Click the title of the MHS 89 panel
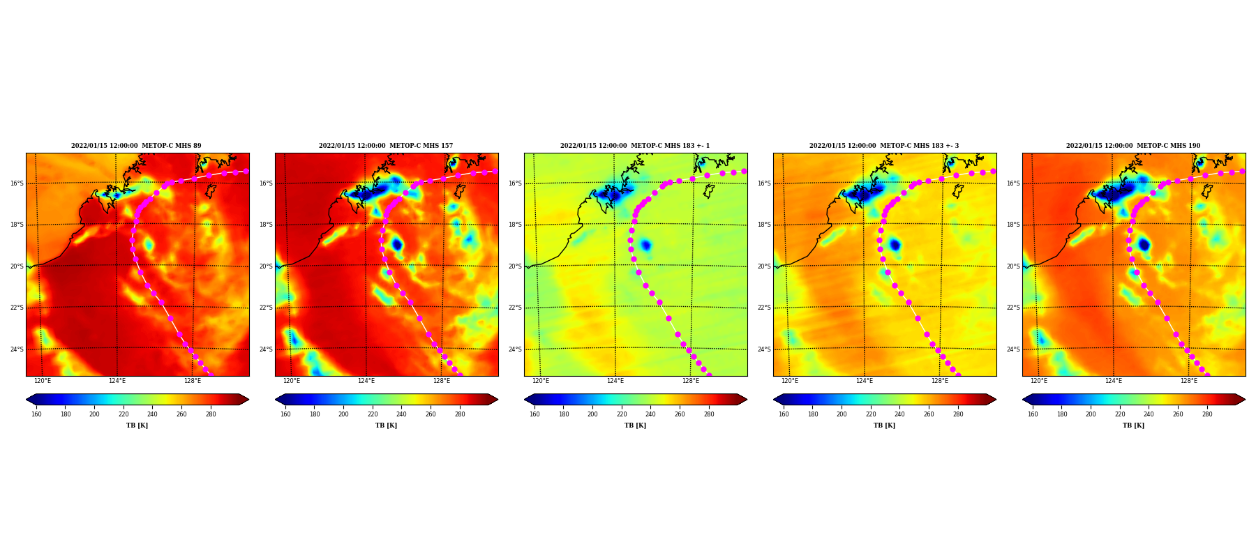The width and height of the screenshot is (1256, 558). point(136,146)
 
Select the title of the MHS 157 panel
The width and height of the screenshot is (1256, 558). point(386,146)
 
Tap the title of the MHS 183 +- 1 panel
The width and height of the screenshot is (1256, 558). point(635,146)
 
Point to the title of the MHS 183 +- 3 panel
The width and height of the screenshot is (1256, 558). point(884,146)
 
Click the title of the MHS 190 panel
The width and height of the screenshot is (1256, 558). point(1133,146)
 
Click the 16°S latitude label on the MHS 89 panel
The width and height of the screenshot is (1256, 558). point(17,183)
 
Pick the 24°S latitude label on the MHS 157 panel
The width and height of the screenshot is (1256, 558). point(266,349)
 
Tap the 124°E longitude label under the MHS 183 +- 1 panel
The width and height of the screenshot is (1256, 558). point(615,381)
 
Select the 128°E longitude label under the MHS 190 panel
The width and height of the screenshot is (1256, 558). point(1189,381)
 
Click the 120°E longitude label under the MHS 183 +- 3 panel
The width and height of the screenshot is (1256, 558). point(790,381)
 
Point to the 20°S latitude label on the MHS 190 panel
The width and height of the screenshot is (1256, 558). point(1013,266)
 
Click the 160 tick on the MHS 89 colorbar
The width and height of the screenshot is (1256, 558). point(36,414)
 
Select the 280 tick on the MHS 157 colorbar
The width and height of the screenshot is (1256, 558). point(460,414)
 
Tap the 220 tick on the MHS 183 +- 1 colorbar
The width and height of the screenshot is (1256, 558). point(622,414)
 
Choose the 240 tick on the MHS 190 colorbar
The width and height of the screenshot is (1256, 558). point(1149,414)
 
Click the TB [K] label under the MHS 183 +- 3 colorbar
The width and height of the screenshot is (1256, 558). point(884,425)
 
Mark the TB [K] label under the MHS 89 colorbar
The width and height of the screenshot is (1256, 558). point(137,425)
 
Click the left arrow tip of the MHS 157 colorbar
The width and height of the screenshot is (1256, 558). point(276,400)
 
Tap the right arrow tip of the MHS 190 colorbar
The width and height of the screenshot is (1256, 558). point(1246,400)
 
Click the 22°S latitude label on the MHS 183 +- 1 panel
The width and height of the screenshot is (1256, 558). point(515,308)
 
